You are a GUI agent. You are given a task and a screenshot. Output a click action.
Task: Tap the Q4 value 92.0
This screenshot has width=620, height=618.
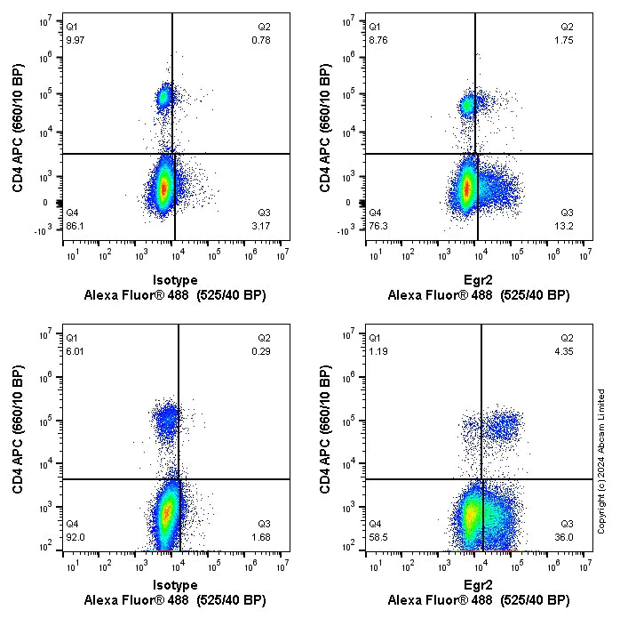[76, 537]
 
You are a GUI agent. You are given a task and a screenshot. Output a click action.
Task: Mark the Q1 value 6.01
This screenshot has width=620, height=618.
[76, 351]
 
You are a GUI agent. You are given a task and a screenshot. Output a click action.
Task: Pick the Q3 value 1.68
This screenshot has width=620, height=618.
[261, 537]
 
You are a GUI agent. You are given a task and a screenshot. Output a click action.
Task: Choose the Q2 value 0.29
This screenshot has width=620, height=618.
[261, 351]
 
